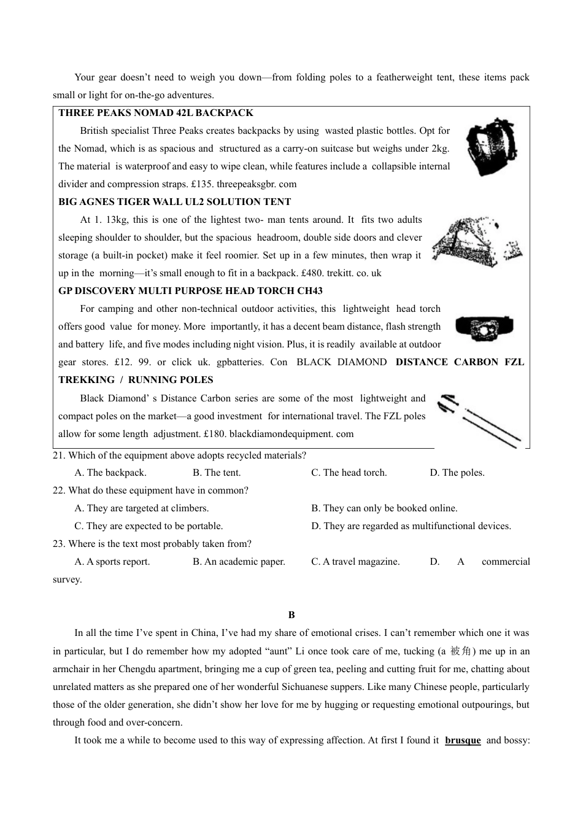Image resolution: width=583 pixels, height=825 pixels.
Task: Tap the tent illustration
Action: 476,242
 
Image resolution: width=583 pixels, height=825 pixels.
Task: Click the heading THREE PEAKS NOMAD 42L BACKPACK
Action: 156,113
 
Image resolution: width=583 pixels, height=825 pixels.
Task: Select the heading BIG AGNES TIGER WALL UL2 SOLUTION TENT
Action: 175,202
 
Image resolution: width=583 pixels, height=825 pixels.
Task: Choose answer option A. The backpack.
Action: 110,473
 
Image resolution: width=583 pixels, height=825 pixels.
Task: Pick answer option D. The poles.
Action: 457,473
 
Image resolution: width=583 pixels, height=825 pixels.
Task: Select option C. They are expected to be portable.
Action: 149,526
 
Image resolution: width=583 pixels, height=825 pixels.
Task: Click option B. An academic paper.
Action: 239,562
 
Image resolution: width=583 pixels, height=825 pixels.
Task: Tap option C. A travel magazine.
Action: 355,562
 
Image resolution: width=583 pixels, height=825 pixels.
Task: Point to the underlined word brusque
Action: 463,740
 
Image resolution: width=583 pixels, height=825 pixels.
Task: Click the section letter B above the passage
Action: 291,615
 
